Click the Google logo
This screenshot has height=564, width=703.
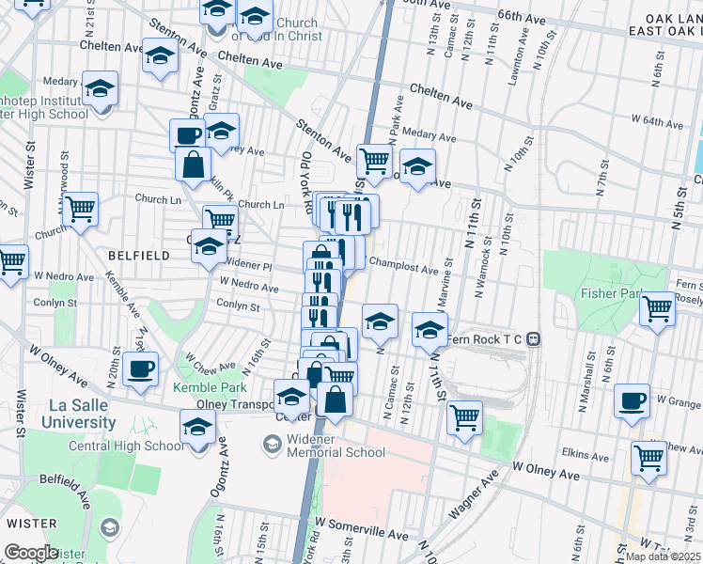[30, 553]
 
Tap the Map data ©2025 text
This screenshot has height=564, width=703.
[663, 556]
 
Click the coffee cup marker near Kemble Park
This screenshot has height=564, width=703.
[141, 369]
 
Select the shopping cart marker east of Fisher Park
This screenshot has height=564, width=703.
[657, 308]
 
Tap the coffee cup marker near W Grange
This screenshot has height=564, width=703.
[632, 401]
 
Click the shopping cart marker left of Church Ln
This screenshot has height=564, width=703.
[81, 209]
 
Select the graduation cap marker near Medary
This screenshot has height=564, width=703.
[100, 89]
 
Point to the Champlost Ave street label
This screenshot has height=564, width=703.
[404, 269]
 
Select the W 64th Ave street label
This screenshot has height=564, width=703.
[657, 122]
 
